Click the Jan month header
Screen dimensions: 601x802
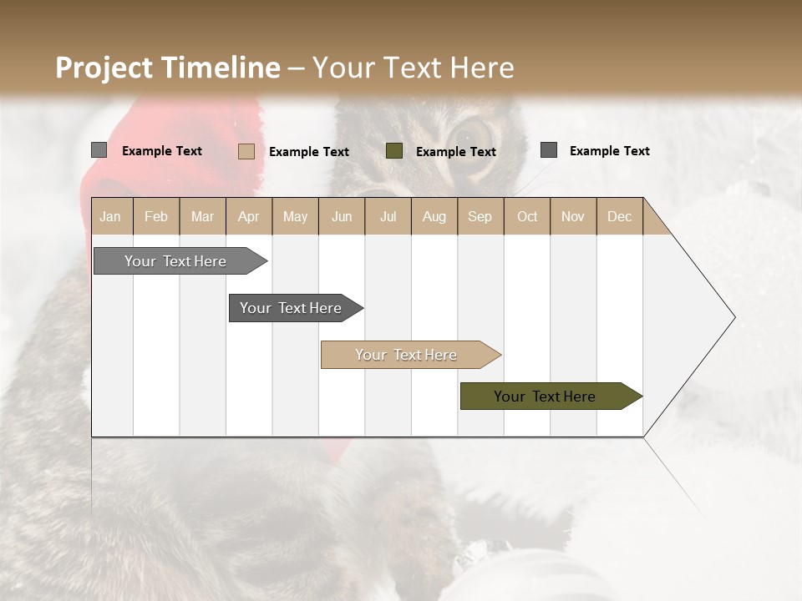click(x=110, y=217)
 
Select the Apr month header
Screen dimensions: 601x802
click(x=249, y=217)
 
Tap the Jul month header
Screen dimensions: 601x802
click(x=388, y=217)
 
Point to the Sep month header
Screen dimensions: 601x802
click(x=480, y=217)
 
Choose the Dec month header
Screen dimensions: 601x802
click(x=619, y=217)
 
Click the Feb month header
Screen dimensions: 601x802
click(x=156, y=217)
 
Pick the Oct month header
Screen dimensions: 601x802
click(x=527, y=217)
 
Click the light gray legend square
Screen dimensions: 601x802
click(x=99, y=150)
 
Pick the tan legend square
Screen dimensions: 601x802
click(x=246, y=151)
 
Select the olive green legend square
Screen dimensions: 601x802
click(x=394, y=151)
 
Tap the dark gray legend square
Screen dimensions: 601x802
click(x=549, y=150)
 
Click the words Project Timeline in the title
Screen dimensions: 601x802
click(x=167, y=68)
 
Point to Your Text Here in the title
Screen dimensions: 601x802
click(x=413, y=68)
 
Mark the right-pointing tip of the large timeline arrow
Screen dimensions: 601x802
click(x=733, y=317)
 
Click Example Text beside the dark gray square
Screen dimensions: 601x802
click(x=609, y=151)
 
